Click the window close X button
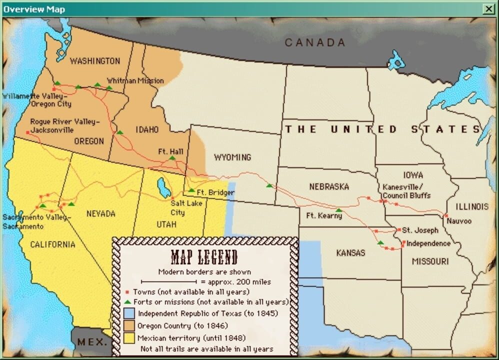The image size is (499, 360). [x=488, y=9]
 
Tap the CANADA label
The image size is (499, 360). [x=315, y=43]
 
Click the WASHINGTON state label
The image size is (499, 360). [x=95, y=61]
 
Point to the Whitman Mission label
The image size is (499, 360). [x=135, y=80]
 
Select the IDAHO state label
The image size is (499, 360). [x=147, y=129]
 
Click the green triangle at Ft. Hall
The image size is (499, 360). [x=172, y=158]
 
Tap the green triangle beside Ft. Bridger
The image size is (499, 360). [x=191, y=190]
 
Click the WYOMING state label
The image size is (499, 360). [x=232, y=157]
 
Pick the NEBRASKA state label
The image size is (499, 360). [x=328, y=186]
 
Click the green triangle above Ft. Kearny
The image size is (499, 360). [x=339, y=210]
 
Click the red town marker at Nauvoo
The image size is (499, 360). [x=445, y=215]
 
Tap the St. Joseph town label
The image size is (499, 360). [x=420, y=230]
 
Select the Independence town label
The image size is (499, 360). [x=428, y=243]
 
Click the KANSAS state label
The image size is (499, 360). [x=350, y=253]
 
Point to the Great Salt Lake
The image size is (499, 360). [x=163, y=187]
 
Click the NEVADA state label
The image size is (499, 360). [x=100, y=213]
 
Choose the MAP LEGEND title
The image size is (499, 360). [x=204, y=257]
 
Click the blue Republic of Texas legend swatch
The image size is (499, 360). [x=129, y=314]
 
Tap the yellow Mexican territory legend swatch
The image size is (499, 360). [x=129, y=338]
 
